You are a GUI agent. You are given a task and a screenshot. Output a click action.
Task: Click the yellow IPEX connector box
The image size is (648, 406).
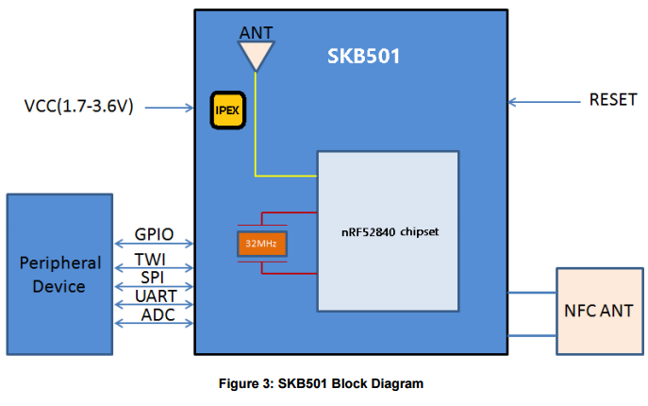tap(228, 110)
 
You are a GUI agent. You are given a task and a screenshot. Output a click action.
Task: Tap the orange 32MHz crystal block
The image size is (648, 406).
tap(262, 244)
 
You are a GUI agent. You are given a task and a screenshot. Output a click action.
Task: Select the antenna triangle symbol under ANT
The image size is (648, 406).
tap(257, 56)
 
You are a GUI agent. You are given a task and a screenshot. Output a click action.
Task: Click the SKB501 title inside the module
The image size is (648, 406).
tap(364, 57)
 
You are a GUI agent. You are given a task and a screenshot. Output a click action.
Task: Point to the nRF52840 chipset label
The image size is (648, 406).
tap(390, 231)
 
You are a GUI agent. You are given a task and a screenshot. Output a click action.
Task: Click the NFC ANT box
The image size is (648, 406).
tap(600, 312)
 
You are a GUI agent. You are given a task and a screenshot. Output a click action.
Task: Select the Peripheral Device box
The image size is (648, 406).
tap(60, 275)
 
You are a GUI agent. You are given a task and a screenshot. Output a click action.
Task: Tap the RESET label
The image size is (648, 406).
tap(613, 100)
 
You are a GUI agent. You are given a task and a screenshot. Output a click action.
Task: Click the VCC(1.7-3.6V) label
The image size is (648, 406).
tap(79, 106)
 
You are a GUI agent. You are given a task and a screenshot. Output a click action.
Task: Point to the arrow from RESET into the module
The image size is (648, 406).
tap(544, 102)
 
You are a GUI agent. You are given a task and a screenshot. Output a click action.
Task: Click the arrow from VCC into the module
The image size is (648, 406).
tap(170, 108)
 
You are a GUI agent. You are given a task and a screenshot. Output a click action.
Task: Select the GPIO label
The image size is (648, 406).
tap(154, 234)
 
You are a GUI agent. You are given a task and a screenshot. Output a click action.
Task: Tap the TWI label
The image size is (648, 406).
tap(150, 260)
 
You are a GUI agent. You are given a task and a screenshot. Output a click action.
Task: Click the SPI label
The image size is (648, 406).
tap(153, 278)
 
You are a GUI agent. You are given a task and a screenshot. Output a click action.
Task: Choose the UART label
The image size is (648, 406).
tap(157, 296)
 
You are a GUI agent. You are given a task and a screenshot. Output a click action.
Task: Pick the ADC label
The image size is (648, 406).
tap(158, 315)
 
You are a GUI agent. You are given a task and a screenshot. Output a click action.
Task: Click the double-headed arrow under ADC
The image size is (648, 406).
tap(154, 323)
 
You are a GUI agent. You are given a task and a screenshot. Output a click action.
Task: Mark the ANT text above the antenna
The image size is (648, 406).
tap(257, 33)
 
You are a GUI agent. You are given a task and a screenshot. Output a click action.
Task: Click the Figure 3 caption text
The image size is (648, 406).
tap(321, 383)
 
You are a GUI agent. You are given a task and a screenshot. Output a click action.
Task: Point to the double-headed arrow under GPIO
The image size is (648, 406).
tap(154, 244)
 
